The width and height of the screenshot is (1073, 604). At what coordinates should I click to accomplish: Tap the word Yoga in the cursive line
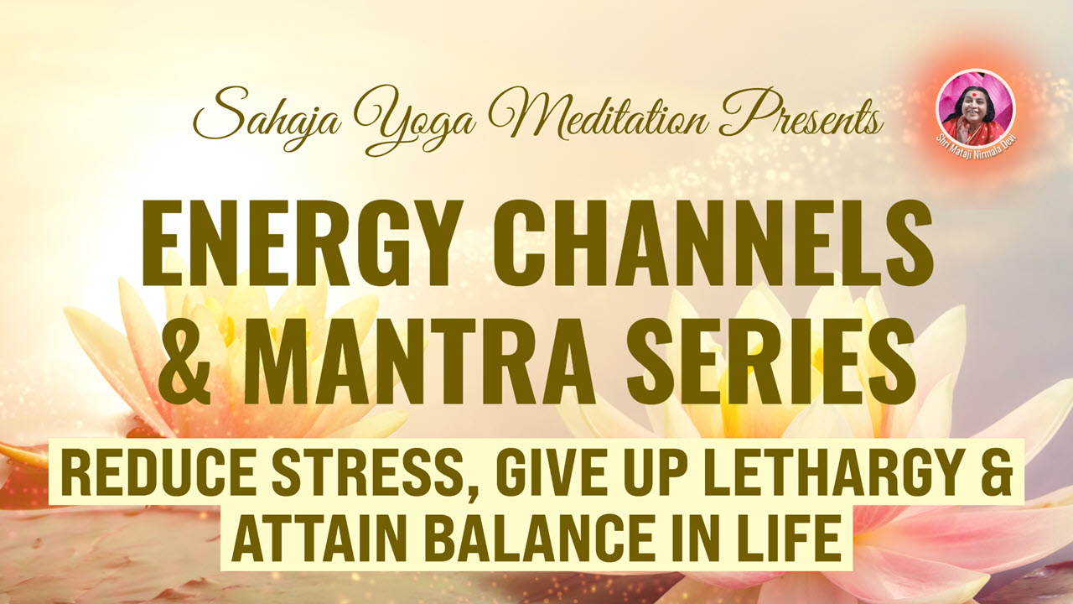pyautogui.click(x=415, y=120)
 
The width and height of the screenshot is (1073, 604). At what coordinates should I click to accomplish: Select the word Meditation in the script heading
pyautogui.click(x=599, y=115)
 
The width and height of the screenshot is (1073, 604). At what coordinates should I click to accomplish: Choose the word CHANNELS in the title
pyautogui.click(x=713, y=243)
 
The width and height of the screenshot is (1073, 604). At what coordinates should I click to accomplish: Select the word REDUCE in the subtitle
pyautogui.click(x=158, y=471)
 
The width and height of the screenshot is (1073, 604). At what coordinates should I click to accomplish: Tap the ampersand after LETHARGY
pyautogui.click(x=998, y=471)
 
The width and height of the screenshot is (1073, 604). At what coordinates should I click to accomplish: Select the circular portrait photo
pyautogui.click(x=975, y=108)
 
